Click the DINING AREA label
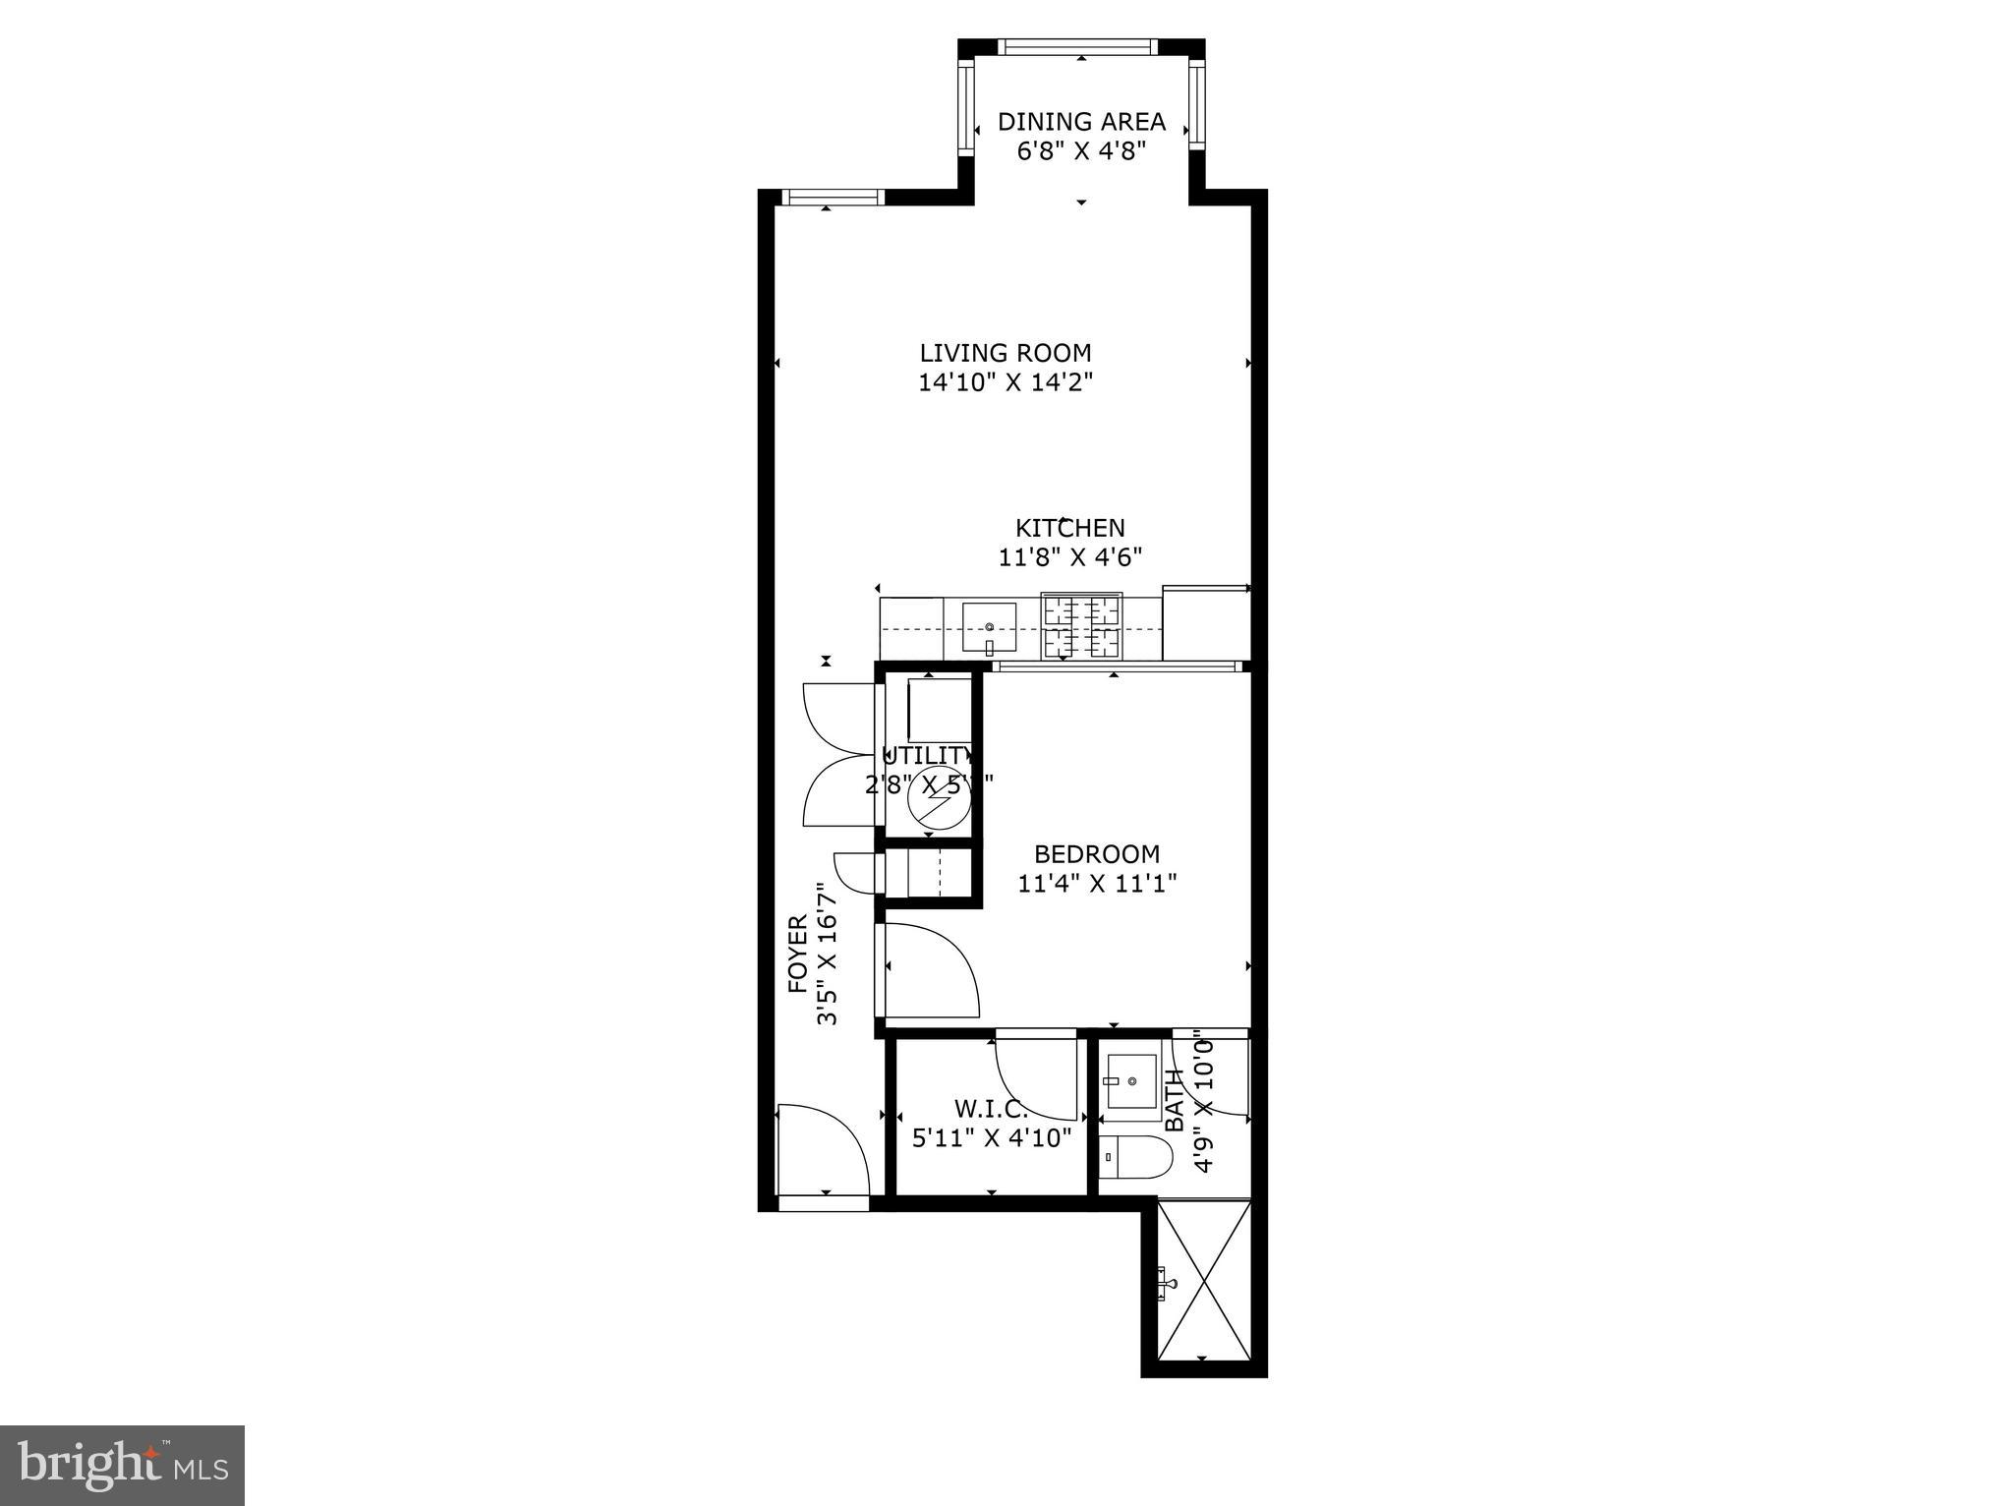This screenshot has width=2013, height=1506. click(1081, 122)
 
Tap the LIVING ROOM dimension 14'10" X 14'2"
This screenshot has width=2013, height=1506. click(1006, 382)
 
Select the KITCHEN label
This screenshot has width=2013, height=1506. click(1069, 528)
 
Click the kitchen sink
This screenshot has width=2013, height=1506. click(989, 630)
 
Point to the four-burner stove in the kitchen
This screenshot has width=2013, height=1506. click(1081, 627)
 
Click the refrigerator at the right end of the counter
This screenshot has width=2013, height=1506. click(1205, 623)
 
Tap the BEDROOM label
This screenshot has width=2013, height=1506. click(1096, 853)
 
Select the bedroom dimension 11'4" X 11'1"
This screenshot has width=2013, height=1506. click(1096, 884)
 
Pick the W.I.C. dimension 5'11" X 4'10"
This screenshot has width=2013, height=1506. click(991, 1138)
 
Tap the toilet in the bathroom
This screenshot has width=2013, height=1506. click(1135, 1158)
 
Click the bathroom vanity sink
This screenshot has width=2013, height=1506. click(1130, 1081)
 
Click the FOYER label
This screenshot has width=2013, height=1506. click(797, 954)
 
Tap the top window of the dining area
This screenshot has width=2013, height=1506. click(1078, 46)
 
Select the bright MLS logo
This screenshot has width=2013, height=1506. click(122, 1466)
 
